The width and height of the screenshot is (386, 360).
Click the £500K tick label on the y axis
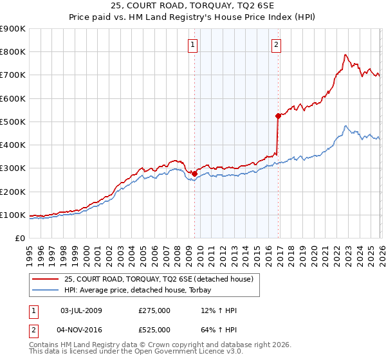[x=13, y=122]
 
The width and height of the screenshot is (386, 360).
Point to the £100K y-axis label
[x=13, y=215]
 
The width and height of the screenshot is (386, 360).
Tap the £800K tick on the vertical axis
[x=13, y=52]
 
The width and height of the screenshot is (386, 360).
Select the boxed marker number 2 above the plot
[x=276, y=44]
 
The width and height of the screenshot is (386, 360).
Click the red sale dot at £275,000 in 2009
[x=194, y=174]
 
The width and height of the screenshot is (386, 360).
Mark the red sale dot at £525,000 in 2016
[x=278, y=116]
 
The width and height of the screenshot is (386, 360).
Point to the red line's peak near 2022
[x=345, y=55]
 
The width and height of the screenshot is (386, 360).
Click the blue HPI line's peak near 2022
[x=345, y=126]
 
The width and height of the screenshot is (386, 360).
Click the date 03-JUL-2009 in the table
[x=80, y=311]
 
